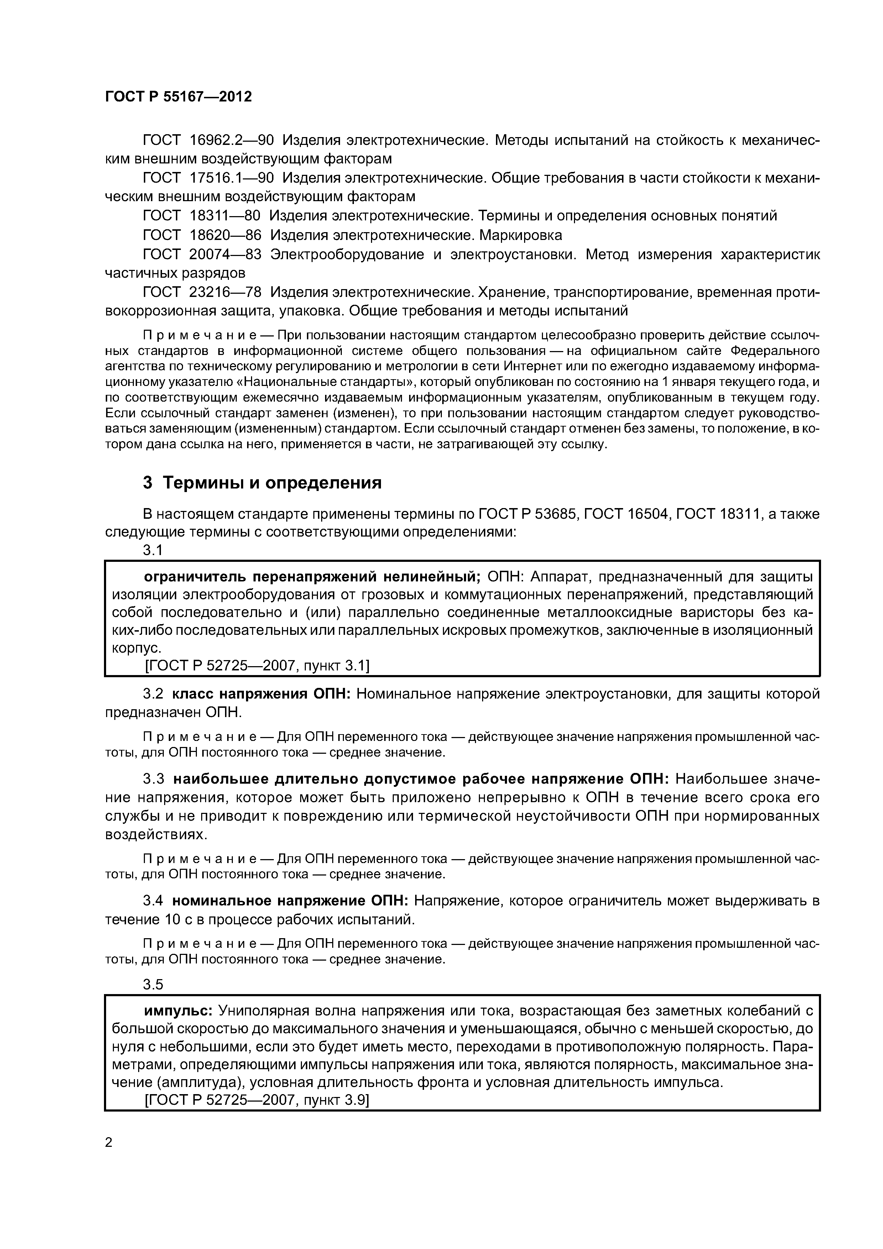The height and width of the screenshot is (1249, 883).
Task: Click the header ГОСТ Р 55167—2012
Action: pyautogui.click(x=178, y=97)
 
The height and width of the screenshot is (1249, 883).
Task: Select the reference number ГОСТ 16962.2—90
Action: pyautogui.click(x=208, y=140)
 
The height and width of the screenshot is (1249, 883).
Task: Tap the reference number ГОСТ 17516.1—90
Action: pyautogui.click(x=208, y=178)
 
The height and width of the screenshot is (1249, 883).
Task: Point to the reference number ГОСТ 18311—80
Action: pyautogui.click(x=201, y=216)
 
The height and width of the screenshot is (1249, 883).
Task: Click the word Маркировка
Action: pyautogui.click(x=523, y=235)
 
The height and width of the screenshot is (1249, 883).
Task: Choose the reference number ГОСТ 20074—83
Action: pyautogui.click(x=201, y=254)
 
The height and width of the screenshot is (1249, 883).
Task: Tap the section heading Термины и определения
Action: pyautogui.click(x=272, y=482)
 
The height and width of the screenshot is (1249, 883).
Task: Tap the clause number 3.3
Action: pyautogui.click(x=153, y=779)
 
